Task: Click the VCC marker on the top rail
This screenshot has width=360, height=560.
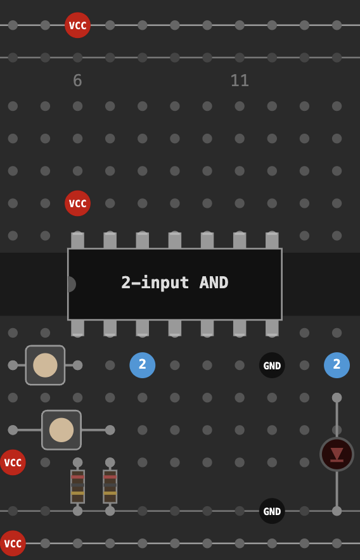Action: click(77, 25)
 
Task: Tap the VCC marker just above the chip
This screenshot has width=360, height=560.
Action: click(77, 203)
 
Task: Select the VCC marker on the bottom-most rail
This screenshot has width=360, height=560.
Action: click(13, 544)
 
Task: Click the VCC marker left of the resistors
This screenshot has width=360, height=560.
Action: click(13, 462)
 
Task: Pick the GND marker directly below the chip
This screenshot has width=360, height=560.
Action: click(272, 366)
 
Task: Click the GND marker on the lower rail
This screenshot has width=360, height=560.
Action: click(272, 511)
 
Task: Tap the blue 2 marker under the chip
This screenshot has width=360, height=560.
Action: click(142, 366)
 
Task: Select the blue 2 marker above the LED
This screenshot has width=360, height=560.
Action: click(337, 366)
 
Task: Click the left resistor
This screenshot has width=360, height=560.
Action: click(77, 487)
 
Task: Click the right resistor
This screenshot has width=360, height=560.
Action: click(110, 487)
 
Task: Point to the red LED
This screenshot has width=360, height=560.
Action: click(337, 454)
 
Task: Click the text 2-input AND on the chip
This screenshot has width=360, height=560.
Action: click(175, 283)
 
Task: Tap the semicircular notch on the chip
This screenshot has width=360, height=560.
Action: click(72, 284)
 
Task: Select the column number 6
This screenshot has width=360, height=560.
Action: click(77, 80)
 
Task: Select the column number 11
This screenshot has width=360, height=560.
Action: click(240, 80)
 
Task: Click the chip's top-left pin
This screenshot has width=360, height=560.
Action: click(77, 240)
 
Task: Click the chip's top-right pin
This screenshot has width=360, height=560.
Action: click(272, 240)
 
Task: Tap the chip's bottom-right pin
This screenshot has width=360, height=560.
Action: click(272, 328)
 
